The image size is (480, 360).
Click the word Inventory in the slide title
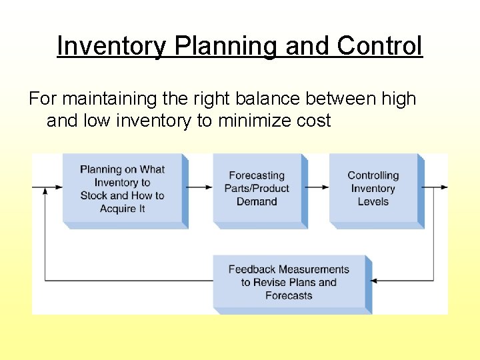click(x=112, y=46)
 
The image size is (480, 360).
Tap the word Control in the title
click(x=379, y=46)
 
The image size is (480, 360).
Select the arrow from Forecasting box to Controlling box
click(x=318, y=187)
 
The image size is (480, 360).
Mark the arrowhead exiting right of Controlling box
click(x=443, y=187)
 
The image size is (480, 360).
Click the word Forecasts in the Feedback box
click(x=289, y=295)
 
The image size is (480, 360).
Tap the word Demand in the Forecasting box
click(x=257, y=201)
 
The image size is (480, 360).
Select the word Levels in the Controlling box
click(x=373, y=201)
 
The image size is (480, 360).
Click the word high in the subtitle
click(x=397, y=99)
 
